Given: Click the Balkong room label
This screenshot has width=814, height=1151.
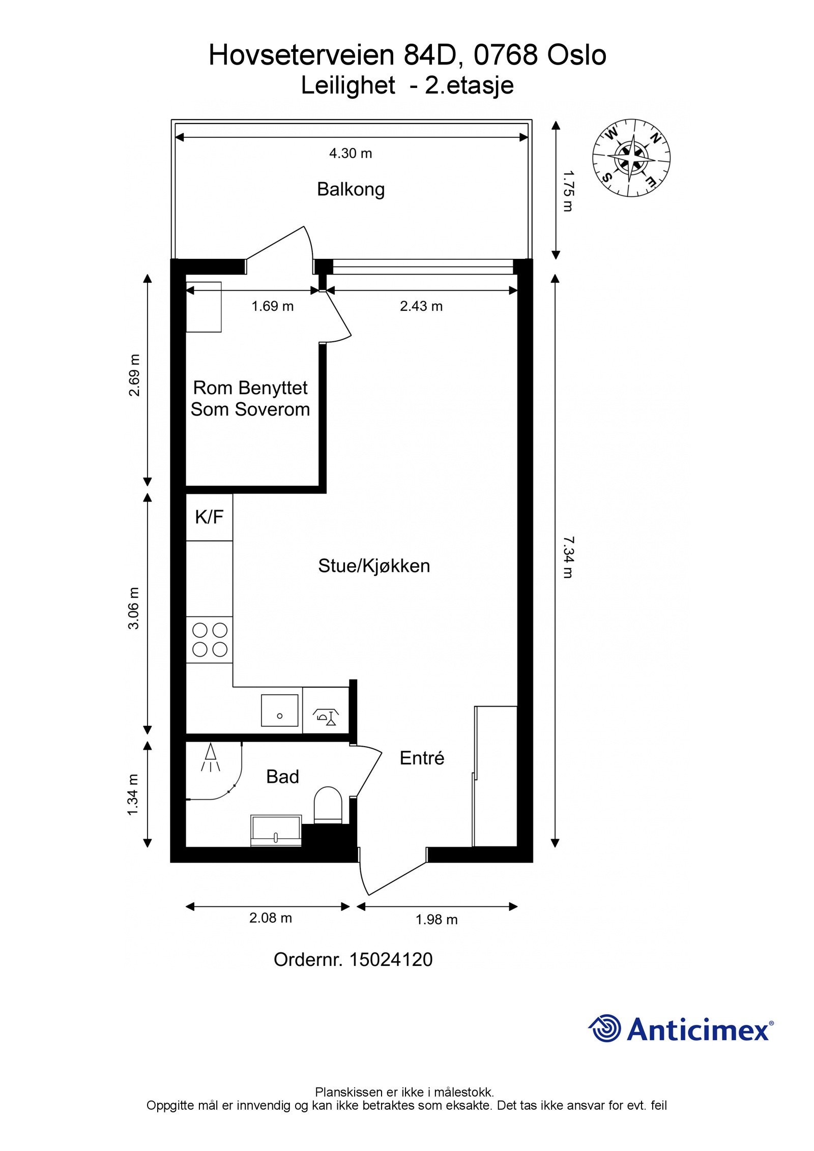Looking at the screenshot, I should pos(351,189).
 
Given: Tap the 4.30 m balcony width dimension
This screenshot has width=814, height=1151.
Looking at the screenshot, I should pos(351,153).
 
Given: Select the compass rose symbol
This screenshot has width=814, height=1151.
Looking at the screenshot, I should pos(631,158).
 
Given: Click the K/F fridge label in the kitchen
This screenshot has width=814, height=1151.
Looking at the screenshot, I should pos(209,517).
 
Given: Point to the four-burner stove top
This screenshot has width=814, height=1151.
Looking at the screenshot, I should pos(210,640).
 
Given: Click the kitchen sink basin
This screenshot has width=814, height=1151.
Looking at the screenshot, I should pos(279,711).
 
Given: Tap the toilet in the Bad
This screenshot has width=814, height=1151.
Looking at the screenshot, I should pos(327,805).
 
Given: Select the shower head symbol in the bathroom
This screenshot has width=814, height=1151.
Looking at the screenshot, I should pos(210,756).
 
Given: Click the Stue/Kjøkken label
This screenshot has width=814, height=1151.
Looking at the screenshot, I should pos(374,566).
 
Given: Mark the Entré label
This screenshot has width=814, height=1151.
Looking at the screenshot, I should pos(422,758).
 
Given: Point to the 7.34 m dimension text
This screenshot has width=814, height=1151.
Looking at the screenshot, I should pos(568,557).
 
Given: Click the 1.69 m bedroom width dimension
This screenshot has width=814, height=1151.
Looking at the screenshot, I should pos(273,306).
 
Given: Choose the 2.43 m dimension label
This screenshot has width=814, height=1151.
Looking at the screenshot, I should pos(421,306).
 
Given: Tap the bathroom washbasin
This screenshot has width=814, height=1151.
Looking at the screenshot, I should pos(276,832).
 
